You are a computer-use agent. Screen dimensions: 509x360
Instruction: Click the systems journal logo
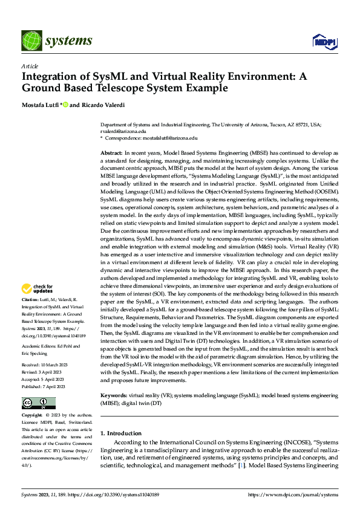[x=57, y=41]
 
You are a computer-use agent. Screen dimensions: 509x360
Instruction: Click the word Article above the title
[x=30, y=66]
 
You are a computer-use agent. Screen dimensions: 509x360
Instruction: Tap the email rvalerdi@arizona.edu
[x=123, y=131]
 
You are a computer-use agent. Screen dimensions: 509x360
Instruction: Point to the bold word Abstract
[x=111, y=154]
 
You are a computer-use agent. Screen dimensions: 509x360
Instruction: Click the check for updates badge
[x=38, y=288]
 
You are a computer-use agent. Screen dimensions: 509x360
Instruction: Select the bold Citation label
[x=31, y=300]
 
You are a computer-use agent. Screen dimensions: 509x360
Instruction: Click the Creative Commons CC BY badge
[x=39, y=403]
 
